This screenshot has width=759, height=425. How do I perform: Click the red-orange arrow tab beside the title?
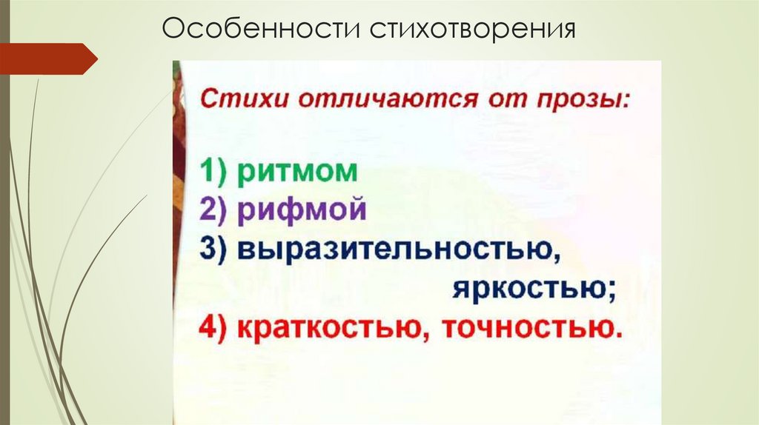47,58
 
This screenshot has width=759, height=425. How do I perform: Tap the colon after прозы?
625,102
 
